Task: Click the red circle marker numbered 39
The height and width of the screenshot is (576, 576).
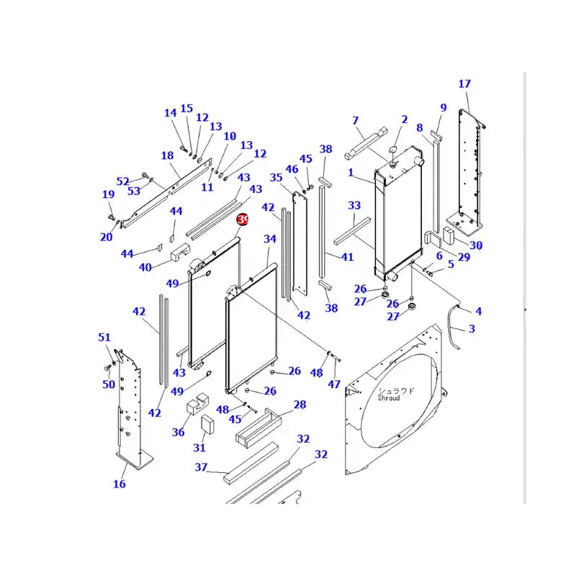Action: (243, 219)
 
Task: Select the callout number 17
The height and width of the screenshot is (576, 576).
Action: (464, 84)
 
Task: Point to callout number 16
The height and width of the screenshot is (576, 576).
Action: (120, 484)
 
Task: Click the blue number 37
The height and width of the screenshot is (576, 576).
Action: (201, 467)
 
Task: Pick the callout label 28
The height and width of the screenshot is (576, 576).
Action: (300, 405)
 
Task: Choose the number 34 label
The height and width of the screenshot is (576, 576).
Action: (270, 238)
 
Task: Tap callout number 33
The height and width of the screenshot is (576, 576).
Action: (354, 206)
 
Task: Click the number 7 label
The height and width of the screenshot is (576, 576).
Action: (355, 120)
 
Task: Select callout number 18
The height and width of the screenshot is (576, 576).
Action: (167, 156)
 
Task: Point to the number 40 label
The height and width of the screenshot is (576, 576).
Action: (145, 267)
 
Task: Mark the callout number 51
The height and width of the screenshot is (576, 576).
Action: (105, 338)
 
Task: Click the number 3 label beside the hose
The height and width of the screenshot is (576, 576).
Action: (472, 329)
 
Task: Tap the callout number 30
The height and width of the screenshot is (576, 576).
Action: (476, 245)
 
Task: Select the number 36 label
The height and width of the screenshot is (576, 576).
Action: (178, 432)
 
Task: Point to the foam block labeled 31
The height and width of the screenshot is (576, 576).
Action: (207, 424)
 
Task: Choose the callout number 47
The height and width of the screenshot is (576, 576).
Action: (334, 384)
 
